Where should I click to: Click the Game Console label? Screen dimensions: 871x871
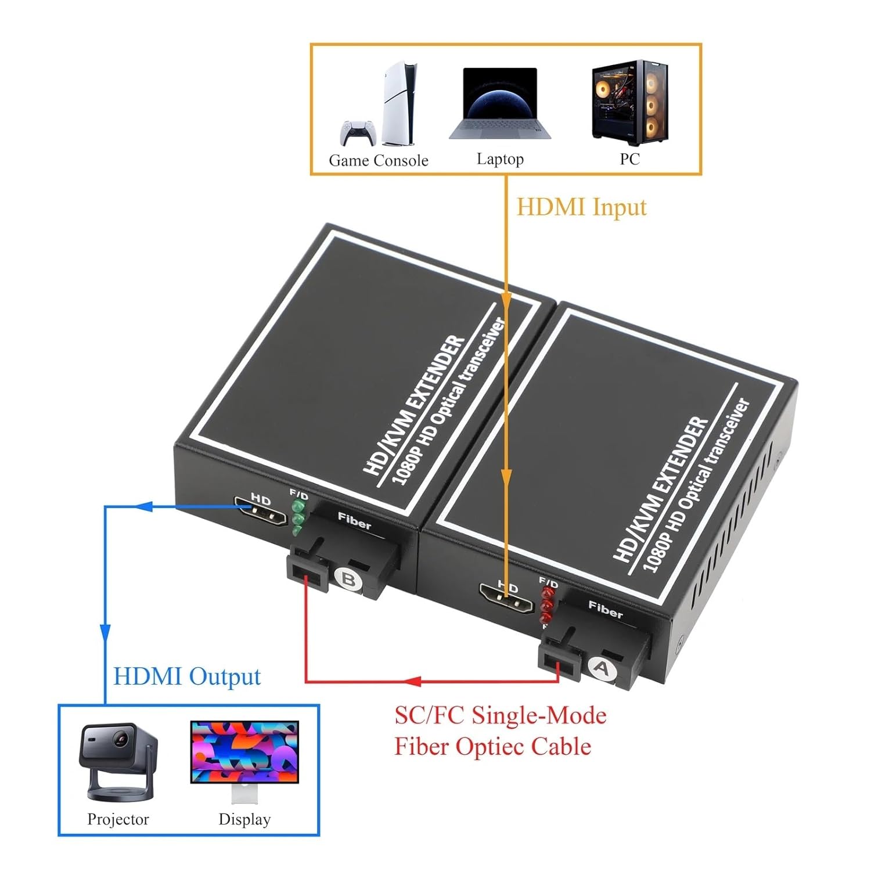click(x=378, y=160)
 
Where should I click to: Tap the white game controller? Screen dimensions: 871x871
click(x=357, y=134)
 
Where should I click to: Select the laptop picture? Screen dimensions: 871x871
click(x=500, y=105)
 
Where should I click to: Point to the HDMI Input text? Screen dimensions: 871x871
click(x=581, y=207)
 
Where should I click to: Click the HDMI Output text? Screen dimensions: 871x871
click(x=187, y=676)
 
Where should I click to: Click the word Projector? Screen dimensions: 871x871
click(x=118, y=819)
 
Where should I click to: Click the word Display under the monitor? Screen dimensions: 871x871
click(x=244, y=819)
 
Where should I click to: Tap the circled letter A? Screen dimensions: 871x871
click(x=603, y=668)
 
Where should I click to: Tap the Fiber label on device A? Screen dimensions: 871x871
click(x=605, y=610)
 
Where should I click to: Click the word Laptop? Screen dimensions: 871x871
click(x=500, y=159)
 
